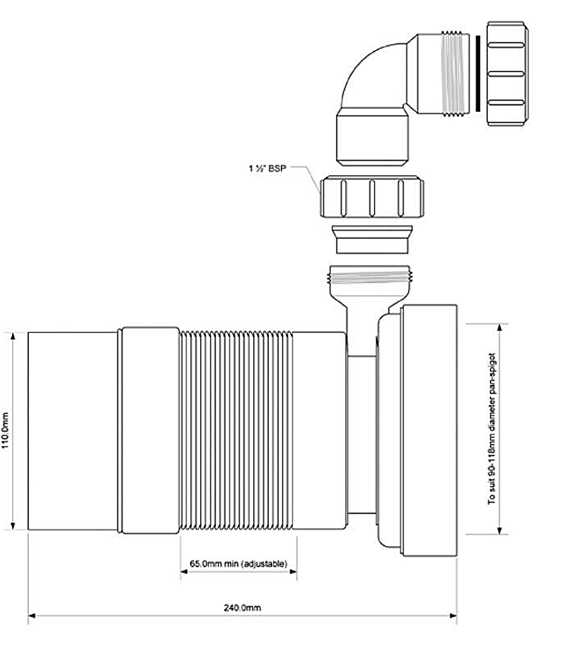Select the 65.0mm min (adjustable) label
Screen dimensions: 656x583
[238, 564]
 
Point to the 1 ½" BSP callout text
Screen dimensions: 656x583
[268, 167]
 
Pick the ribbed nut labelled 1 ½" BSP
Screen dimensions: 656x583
[371, 196]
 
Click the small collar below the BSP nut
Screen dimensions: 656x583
[372, 239]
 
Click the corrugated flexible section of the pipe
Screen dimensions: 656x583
[236, 430]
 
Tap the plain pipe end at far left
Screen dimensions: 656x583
[72, 430]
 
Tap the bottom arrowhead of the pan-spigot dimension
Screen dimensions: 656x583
[500, 531]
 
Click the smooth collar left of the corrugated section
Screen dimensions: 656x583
[150, 430]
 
